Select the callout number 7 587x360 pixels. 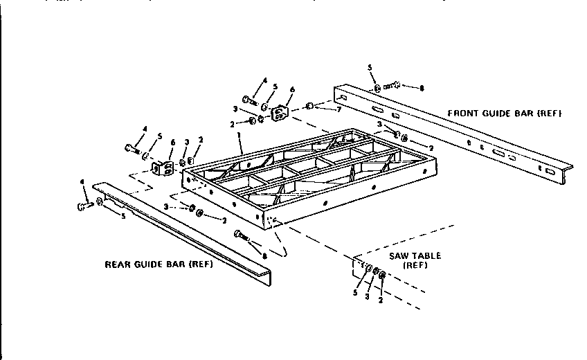pos(339,110)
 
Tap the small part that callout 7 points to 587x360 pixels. pos(310,106)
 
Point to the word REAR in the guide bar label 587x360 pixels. pos(117,264)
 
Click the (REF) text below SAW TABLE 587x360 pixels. pos(414,265)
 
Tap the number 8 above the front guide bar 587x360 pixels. pos(422,88)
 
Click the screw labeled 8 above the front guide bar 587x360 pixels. pos(392,87)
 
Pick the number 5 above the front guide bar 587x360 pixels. pos(370,67)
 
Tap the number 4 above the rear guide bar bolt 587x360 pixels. pos(83,181)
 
